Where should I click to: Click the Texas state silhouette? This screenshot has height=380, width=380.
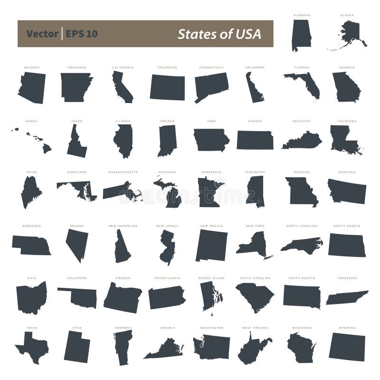[x=32, y=348]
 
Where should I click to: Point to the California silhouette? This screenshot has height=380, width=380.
[x=122, y=86]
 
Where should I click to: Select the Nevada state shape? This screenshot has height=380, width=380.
[x=77, y=243]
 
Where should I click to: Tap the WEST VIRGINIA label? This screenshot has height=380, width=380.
[x=255, y=328]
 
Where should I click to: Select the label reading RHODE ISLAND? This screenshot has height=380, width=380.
[x=211, y=278]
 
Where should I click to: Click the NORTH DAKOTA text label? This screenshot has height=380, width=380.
[x=346, y=226]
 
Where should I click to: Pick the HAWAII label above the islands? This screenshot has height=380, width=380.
[x=31, y=121]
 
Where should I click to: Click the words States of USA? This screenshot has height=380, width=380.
[x=219, y=34]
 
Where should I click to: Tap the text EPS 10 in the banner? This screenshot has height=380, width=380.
[x=82, y=34]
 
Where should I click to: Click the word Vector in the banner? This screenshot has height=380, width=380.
[x=42, y=34]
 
